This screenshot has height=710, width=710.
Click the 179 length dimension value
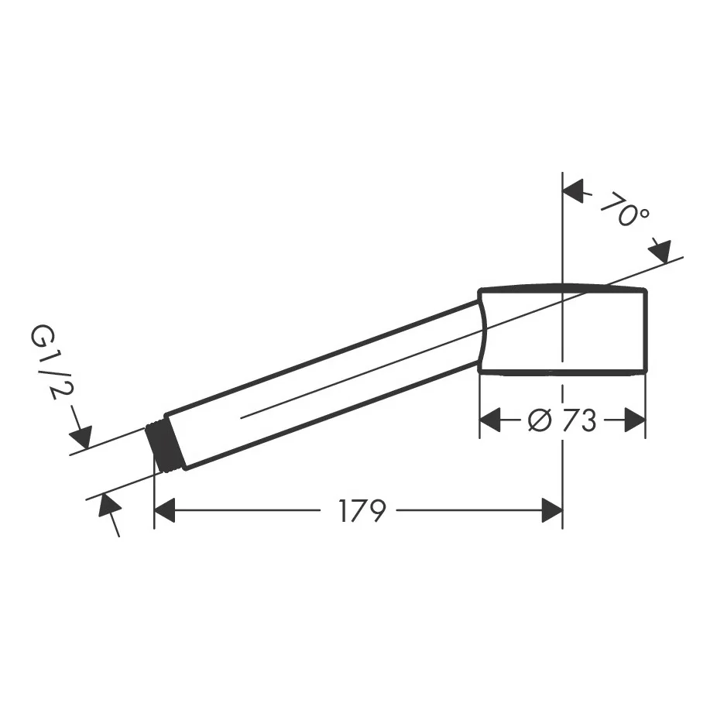point(362,511)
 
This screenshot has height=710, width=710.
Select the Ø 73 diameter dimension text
point(562,420)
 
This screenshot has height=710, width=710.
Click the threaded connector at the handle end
point(163,447)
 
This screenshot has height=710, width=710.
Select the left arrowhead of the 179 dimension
point(164,510)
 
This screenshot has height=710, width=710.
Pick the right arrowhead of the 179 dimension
point(552,510)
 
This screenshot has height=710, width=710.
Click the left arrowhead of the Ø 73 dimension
point(490,420)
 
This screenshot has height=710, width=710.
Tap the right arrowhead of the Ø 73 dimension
point(634,420)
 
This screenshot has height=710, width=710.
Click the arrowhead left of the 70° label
point(573,190)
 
